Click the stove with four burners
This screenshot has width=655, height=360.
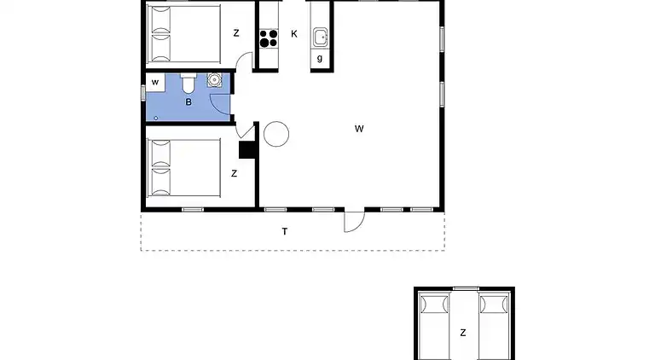(x=269, y=38)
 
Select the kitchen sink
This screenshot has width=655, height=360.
(x=321, y=37)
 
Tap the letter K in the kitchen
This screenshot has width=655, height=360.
(x=294, y=34)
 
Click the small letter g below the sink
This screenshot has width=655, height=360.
(x=320, y=58)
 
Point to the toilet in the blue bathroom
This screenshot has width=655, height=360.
(x=188, y=84)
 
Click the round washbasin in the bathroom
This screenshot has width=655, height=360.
(x=213, y=82)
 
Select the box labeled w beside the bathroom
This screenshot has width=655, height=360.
(x=155, y=82)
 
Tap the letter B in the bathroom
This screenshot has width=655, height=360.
(x=188, y=102)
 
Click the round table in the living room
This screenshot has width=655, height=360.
(x=275, y=133)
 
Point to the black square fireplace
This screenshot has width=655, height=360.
(x=248, y=150)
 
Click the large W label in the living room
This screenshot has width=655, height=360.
(x=360, y=129)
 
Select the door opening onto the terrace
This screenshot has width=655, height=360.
(x=353, y=220)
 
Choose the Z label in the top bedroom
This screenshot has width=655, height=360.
(x=235, y=33)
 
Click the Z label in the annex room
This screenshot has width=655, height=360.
(x=462, y=333)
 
